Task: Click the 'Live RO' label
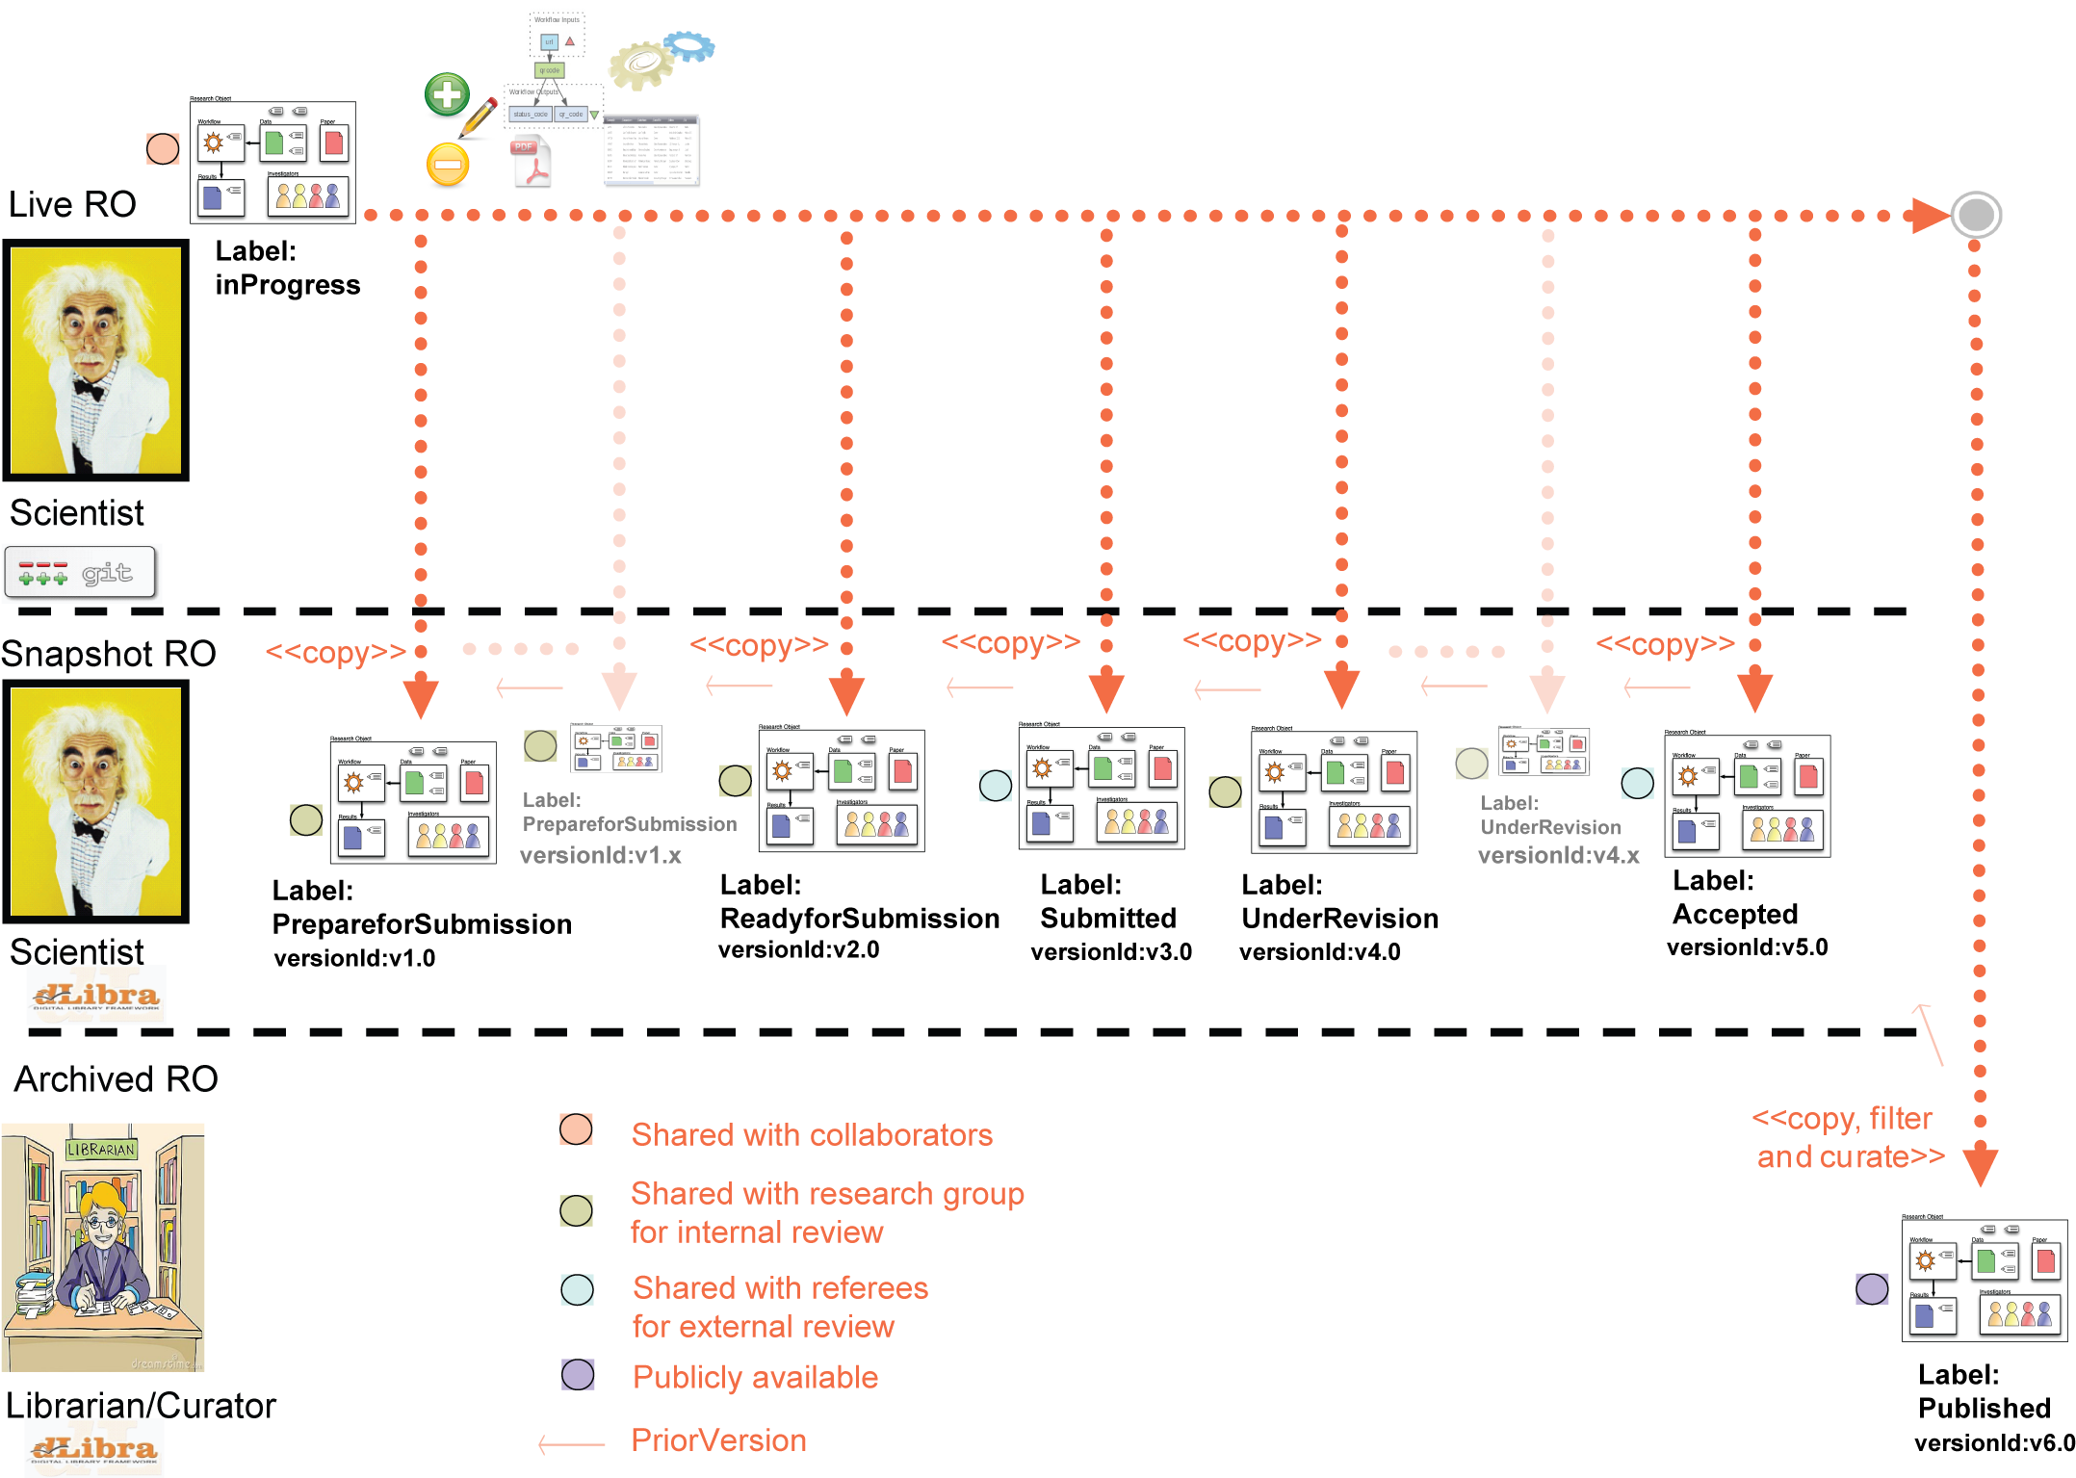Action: pos(72,205)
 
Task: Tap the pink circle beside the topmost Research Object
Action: pos(163,149)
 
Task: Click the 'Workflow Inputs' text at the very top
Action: pos(557,19)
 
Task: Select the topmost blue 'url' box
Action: pos(549,42)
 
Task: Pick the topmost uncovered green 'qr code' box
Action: pos(549,70)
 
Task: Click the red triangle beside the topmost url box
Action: pos(570,41)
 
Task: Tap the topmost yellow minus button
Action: pos(448,166)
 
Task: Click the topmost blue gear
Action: pos(689,45)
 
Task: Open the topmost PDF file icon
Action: pos(530,162)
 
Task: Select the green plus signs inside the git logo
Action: pos(42,579)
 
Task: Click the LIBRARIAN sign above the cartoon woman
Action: pos(101,1150)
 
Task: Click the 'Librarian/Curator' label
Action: pos(144,1406)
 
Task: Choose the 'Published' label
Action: pos(1985,1409)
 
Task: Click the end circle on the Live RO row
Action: pos(1976,215)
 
